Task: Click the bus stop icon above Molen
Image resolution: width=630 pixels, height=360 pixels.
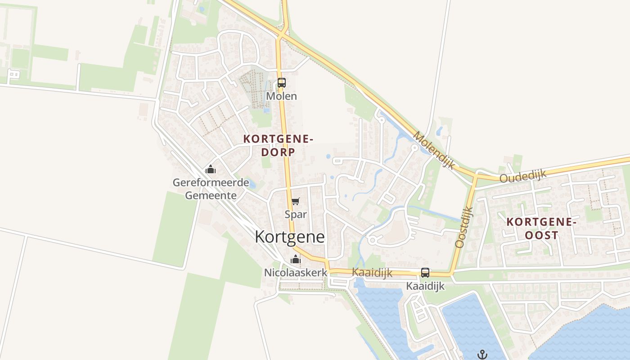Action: coord(282,83)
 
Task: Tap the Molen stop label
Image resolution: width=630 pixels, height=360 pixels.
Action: coord(282,96)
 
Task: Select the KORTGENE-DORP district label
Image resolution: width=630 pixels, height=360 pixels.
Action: coord(278,145)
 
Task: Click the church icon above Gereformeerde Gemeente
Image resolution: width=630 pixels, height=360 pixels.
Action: coord(211,170)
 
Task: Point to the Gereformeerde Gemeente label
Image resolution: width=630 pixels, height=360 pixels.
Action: coord(211,189)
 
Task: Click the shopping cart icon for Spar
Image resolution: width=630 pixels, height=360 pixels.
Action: coord(295,201)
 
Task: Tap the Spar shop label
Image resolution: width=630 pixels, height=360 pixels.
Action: coord(296,214)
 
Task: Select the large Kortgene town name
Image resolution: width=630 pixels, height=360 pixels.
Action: coord(290,237)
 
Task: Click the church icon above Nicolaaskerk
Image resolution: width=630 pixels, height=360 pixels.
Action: coord(296,259)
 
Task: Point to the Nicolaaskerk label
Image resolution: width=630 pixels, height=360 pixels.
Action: coord(296,273)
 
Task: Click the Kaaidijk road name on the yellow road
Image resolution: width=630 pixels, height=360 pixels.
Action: coord(372,273)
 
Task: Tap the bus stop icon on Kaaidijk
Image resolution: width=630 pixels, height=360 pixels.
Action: coord(425,272)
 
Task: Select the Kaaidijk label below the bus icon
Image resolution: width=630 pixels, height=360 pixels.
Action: coord(425,286)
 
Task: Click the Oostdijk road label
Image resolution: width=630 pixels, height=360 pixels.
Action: coord(464,227)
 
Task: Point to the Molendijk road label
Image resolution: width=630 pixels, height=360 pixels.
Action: coord(434,150)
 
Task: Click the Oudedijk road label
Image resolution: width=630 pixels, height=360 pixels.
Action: coord(522,175)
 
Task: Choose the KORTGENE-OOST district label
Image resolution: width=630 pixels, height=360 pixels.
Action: coord(541,228)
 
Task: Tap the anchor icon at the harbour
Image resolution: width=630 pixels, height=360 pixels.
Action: coord(482,354)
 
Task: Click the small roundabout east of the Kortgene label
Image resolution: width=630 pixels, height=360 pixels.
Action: coord(372,240)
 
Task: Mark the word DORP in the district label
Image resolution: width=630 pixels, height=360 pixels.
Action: coord(278,152)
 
